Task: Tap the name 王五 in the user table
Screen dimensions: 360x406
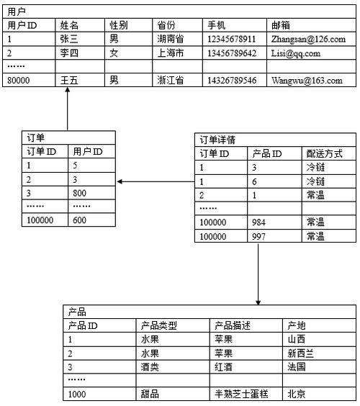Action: coord(70,80)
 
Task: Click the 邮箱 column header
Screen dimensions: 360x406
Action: coord(282,25)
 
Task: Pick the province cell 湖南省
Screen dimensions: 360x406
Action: coord(170,39)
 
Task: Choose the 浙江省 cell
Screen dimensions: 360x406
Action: coord(170,80)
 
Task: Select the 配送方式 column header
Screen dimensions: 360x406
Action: coord(324,153)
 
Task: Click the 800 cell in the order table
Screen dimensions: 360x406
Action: coord(79,193)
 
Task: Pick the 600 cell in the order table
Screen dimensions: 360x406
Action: coord(79,220)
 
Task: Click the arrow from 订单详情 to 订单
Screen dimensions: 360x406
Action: coord(155,181)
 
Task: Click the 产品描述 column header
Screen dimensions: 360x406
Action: coord(233,325)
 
